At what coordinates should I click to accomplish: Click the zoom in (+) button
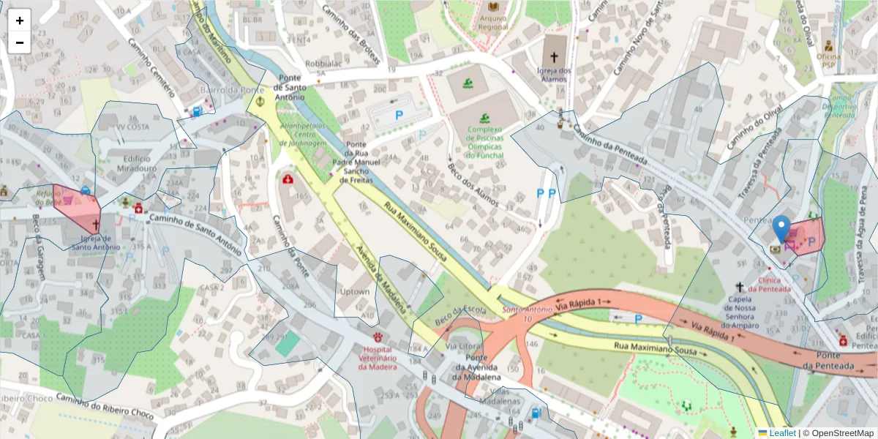(x=20, y=20)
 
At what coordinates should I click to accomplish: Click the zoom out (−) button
(x=20, y=42)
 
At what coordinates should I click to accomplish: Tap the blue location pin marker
(x=782, y=229)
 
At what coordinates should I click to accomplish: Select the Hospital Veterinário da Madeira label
(x=378, y=359)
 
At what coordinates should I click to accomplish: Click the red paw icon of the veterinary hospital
(x=378, y=337)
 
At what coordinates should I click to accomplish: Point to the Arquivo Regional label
(x=493, y=23)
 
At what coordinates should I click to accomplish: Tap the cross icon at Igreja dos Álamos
(x=554, y=56)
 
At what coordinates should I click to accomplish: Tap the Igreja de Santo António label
(x=95, y=242)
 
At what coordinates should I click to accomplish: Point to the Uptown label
(x=355, y=292)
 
